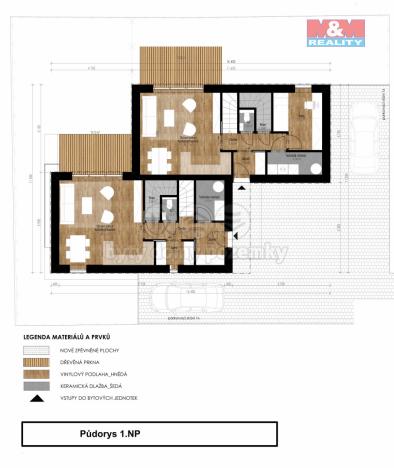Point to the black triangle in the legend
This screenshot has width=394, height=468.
coord(36,398)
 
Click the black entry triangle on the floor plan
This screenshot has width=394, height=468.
coord(233,236)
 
